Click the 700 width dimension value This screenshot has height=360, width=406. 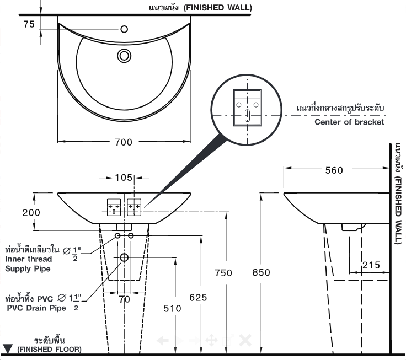pyautogui.click(x=124, y=142)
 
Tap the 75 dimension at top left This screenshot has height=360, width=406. pyautogui.click(x=29, y=24)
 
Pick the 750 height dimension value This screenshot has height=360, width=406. pyautogui.click(x=222, y=273)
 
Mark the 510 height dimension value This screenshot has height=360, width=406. pyautogui.click(x=172, y=309)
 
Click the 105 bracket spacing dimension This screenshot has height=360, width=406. pyautogui.click(x=124, y=178)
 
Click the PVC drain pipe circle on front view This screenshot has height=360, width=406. pyautogui.click(x=124, y=258)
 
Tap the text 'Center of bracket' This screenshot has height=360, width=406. pyautogui.click(x=349, y=122)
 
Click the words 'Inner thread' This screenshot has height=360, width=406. pyautogui.click(x=29, y=259)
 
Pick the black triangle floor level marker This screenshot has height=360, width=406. pyautogui.click(x=8, y=348)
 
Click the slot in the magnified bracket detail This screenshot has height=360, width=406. pyautogui.click(x=248, y=115)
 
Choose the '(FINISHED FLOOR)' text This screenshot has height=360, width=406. pyautogui.click(x=49, y=350)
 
